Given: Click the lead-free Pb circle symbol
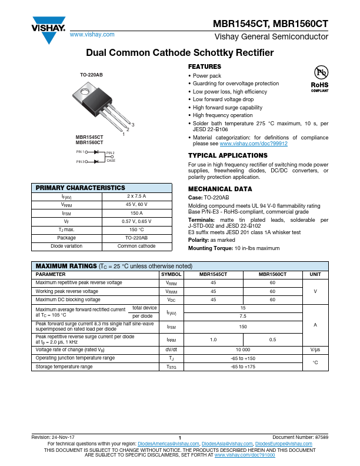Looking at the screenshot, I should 320,72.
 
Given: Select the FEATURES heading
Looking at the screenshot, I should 204,67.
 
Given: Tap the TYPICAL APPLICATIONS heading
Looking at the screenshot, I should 227,155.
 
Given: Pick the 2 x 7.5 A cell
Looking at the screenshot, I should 136,197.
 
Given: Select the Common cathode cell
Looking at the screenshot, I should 136,246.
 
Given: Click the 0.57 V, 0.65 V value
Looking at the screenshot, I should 136,221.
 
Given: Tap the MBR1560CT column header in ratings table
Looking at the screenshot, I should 272,274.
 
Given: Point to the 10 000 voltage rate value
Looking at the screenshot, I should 243,349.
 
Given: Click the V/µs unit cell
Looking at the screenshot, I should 315,349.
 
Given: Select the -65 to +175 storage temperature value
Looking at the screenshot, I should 243,367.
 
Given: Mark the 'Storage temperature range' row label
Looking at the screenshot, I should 64,367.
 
